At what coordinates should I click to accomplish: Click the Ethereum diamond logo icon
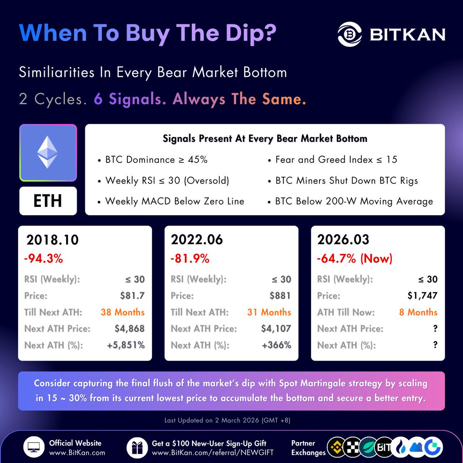tap(48, 153)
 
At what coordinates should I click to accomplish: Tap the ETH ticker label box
tap(48, 201)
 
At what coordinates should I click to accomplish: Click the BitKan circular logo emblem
tap(350, 34)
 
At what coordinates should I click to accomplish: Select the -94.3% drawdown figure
tap(44, 259)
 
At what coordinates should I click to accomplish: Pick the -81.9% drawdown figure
tap(190, 259)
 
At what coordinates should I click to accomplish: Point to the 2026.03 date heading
tap(343, 240)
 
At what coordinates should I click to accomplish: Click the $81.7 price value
tap(132, 296)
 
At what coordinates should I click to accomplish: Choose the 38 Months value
tap(123, 312)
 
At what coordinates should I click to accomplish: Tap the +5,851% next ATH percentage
tap(126, 345)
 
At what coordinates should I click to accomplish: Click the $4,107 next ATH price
tap(276, 329)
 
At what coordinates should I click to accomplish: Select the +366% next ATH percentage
tap(276, 345)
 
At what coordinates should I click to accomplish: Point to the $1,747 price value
tap(422, 296)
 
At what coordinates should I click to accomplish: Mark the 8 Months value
tap(418, 312)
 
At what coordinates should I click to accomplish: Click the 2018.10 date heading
tap(52, 240)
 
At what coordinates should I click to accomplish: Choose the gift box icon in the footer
tap(137, 448)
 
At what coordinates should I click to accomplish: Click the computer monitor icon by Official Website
tap(34, 448)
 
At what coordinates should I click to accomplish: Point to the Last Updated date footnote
tap(227, 420)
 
